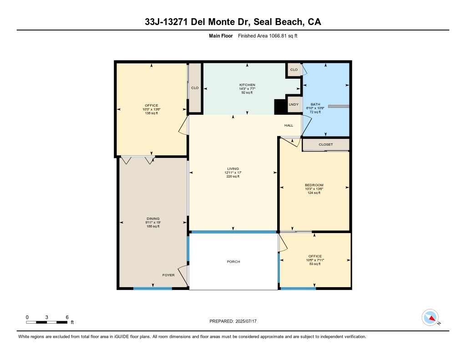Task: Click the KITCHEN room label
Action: pyautogui.click(x=247, y=85)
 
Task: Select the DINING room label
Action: pyautogui.click(x=152, y=218)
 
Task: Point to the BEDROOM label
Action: pyautogui.click(x=314, y=185)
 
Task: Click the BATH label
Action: pyautogui.click(x=315, y=104)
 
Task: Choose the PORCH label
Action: pyautogui.click(x=233, y=262)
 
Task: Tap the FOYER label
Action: pyautogui.click(x=168, y=275)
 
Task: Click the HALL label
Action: pyautogui.click(x=289, y=125)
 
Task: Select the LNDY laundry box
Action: pyautogui.click(x=294, y=105)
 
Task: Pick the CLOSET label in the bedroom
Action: pyautogui.click(x=325, y=145)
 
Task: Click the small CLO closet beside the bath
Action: pyautogui.click(x=294, y=70)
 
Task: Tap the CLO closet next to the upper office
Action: pyautogui.click(x=195, y=88)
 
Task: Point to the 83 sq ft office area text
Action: pyautogui.click(x=315, y=264)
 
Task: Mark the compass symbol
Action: pyautogui.click(x=430, y=317)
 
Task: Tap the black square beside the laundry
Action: pyautogui.click(x=279, y=106)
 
